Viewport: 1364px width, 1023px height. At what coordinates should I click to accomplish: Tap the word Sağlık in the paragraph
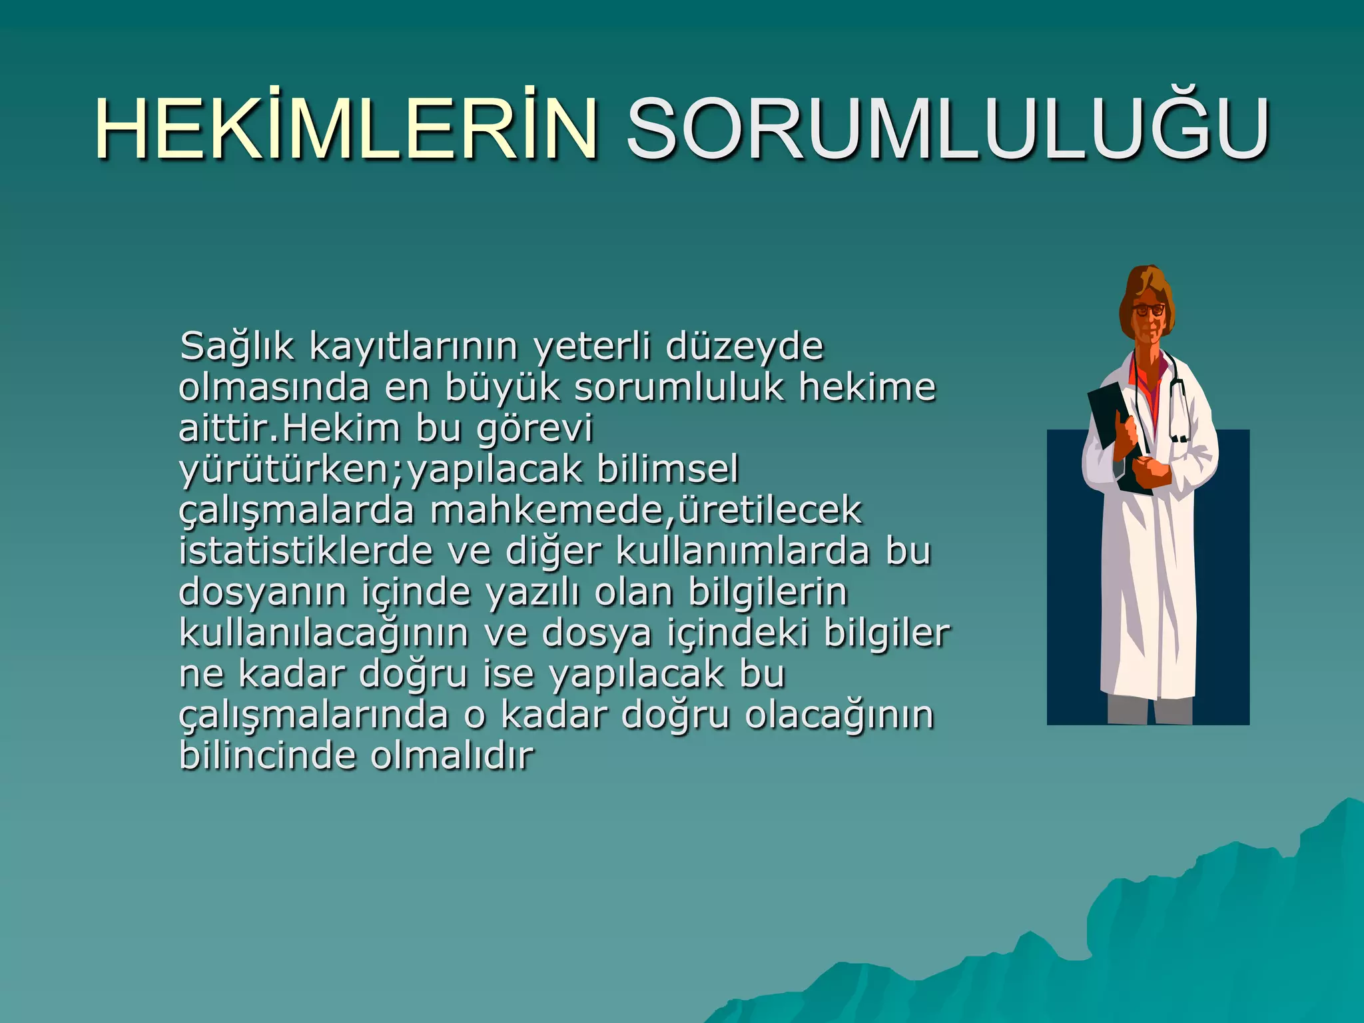click(236, 347)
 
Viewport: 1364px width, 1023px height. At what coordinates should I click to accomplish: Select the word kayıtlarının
click(413, 347)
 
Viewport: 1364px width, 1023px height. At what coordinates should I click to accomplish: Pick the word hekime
click(867, 388)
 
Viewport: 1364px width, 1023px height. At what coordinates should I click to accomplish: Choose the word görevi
click(534, 429)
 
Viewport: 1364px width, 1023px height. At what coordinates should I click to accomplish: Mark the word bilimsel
click(667, 470)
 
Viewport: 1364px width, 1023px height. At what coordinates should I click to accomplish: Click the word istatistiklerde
click(306, 551)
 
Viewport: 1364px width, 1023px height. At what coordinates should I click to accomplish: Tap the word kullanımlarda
click(743, 551)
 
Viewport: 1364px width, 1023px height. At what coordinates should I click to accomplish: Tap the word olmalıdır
click(452, 756)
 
